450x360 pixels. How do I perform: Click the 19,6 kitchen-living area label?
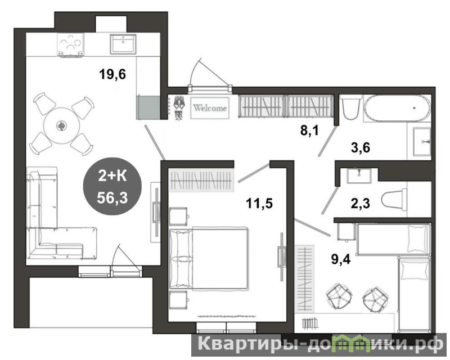pyautogui.click(x=112, y=75)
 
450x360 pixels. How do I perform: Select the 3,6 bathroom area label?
pyautogui.click(x=361, y=148)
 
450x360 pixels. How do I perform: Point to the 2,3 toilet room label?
pyautogui.click(x=361, y=204)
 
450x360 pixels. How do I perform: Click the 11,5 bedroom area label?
pyautogui.click(x=259, y=204)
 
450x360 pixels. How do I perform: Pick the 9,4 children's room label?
pyautogui.click(x=341, y=259)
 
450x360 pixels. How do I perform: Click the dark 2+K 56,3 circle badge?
pyautogui.click(x=112, y=186)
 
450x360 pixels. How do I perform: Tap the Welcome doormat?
pyautogui.click(x=210, y=108)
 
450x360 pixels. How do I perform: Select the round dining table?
pyautogui.click(x=61, y=125)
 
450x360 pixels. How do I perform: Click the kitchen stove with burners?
pyautogui.click(x=71, y=44)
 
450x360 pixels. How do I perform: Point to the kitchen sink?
pyautogui.click(x=123, y=44)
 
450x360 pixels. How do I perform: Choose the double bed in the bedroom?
pyautogui.click(x=209, y=258)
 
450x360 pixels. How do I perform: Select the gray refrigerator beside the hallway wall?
pyautogui.click(x=148, y=107)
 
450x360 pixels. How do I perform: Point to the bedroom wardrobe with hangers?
pyautogui.click(x=201, y=181)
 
